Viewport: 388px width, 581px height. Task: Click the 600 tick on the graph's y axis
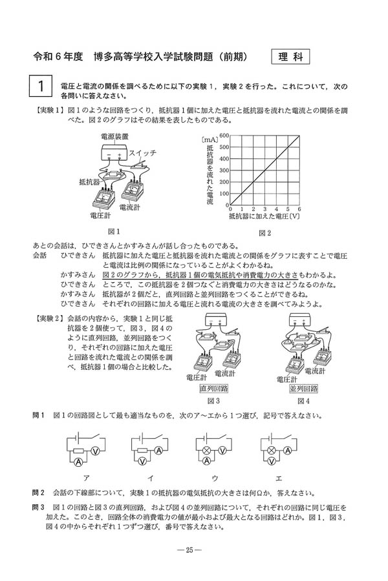coord(224,136)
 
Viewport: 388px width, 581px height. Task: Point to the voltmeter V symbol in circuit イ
coord(159,453)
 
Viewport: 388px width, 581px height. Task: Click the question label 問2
coord(39,492)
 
